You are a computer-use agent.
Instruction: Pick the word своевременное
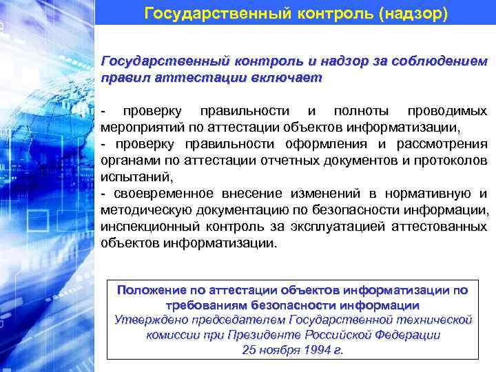[x=160, y=194]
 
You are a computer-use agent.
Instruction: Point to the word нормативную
[x=428, y=194]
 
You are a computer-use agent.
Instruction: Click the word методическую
[x=144, y=210]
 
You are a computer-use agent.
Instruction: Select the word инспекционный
[x=145, y=227]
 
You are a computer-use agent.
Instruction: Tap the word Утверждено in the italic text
[x=146, y=320]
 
